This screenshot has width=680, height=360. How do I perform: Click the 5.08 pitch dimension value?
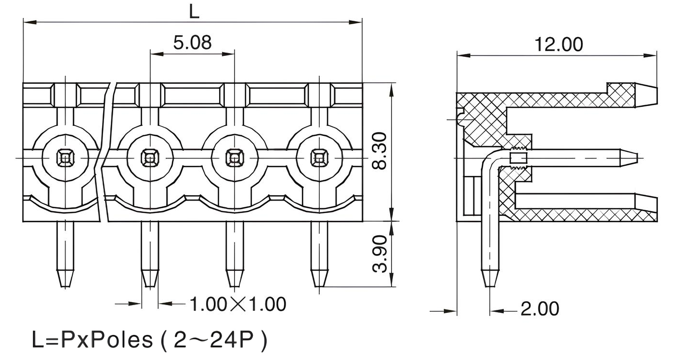pyautogui.click(x=192, y=42)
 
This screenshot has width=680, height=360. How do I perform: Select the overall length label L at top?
pyautogui.click(x=194, y=12)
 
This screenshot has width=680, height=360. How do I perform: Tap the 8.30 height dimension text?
pyautogui.click(x=380, y=150)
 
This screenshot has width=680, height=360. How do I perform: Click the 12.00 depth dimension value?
pyautogui.click(x=559, y=44)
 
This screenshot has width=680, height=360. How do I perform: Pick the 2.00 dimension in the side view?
pyautogui.click(x=540, y=309)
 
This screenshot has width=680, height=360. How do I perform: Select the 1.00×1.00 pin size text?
pyautogui.click(x=238, y=304)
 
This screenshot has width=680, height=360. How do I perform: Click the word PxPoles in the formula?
pyautogui.click(x=106, y=340)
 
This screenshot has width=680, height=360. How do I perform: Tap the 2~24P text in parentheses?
pyautogui.click(x=213, y=340)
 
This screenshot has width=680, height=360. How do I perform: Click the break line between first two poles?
pyautogui.click(x=104, y=154)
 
